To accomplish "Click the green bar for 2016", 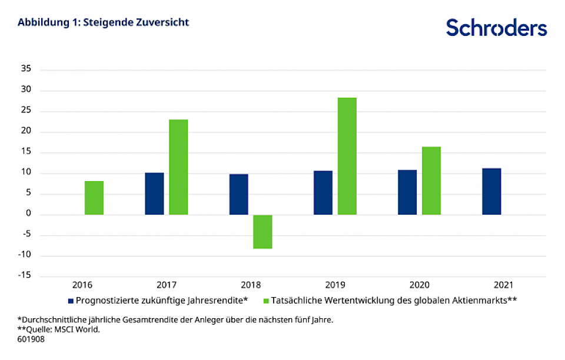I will [x=94, y=198].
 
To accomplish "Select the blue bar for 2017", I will [x=154, y=194].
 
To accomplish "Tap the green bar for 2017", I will [x=178, y=167].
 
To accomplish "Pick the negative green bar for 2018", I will [x=262, y=232].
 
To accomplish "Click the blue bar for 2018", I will [x=238, y=194].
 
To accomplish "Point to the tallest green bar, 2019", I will [x=347, y=156].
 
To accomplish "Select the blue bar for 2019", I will [x=323, y=192].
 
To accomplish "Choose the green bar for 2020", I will [x=431, y=181].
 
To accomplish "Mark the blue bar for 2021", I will [x=491, y=191].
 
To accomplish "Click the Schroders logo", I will [x=496, y=28].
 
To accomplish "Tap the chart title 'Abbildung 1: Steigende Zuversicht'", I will [x=103, y=22].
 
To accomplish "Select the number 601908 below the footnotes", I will [x=31, y=339].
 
